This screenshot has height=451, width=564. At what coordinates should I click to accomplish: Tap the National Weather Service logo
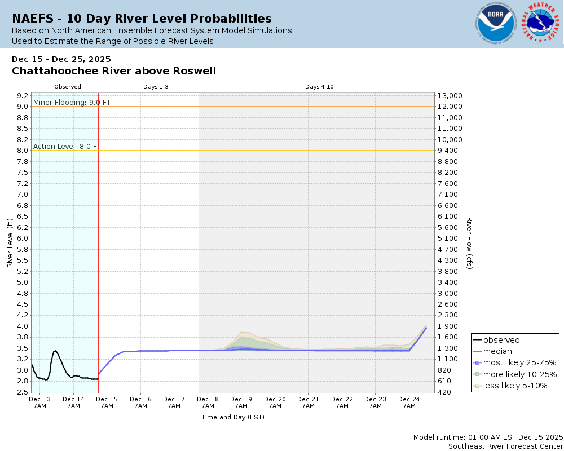click(x=541, y=23)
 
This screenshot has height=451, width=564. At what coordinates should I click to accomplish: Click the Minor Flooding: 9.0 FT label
click(x=72, y=102)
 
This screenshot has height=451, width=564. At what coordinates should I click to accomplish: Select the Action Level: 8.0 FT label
click(x=67, y=146)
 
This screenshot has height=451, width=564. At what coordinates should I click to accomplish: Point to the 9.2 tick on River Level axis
click(x=23, y=95)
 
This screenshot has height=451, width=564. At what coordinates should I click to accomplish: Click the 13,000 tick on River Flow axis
click(x=450, y=95)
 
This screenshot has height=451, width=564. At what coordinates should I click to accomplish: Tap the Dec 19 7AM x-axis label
click(x=241, y=403)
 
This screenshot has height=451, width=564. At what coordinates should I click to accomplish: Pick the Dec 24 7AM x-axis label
click(x=409, y=403)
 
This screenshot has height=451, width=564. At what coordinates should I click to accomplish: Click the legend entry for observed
click(x=501, y=340)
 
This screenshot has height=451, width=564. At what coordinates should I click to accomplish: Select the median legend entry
click(x=497, y=351)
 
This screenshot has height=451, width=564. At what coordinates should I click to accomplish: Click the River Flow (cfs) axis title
click(x=469, y=242)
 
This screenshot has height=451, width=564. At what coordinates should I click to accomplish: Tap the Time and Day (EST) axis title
click(x=232, y=417)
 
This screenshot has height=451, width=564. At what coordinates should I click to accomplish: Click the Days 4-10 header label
click(x=319, y=87)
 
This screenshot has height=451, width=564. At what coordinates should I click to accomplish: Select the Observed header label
click(x=68, y=87)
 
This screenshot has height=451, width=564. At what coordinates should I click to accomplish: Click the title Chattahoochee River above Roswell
click(x=114, y=71)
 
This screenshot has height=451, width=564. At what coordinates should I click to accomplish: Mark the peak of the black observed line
click(x=55, y=351)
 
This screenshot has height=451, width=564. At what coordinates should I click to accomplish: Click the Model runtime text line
click(x=488, y=437)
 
